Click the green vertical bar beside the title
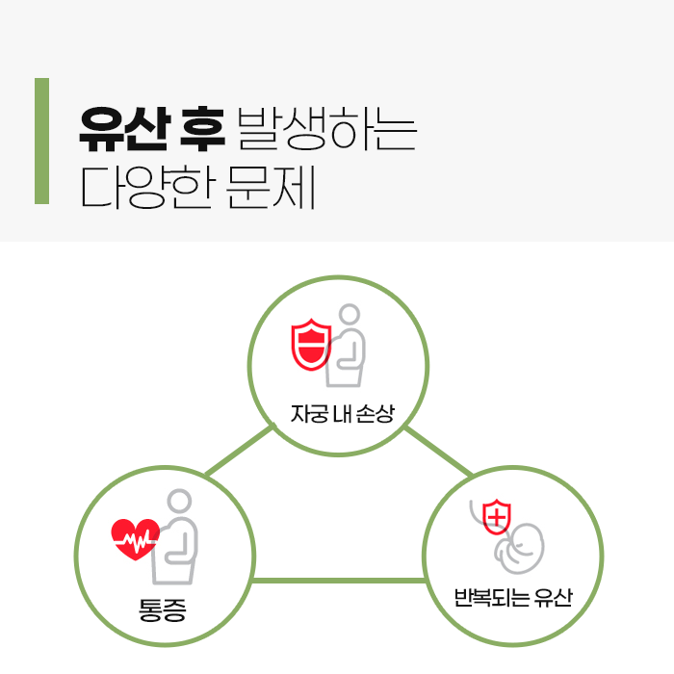click(x=41, y=141)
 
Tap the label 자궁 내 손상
click(x=343, y=414)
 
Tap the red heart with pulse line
click(x=135, y=538)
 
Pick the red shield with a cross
click(x=496, y=517)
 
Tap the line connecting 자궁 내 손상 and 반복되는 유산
click(x=438, y=453)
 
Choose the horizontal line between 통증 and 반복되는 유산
click(x=339, y=581)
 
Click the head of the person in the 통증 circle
click(x=180, y=503)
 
